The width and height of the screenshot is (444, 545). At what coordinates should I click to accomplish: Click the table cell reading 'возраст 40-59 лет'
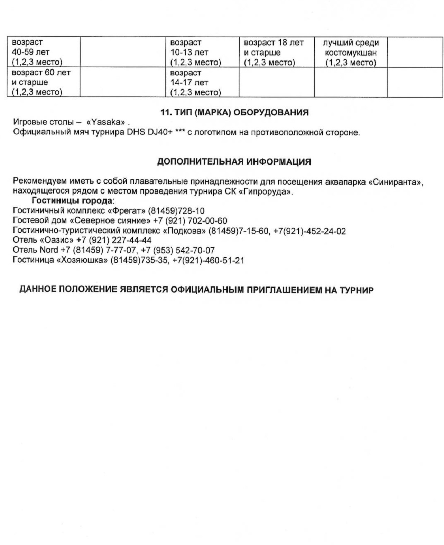coord(37,52)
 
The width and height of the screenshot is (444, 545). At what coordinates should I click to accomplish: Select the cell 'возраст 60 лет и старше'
coord(41,82)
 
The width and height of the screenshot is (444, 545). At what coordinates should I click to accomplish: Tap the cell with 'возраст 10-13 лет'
coord(195,53)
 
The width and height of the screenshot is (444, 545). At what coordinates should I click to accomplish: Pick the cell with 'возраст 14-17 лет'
coord(195,83)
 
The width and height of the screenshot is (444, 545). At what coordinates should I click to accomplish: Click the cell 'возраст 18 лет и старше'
coord(274,53)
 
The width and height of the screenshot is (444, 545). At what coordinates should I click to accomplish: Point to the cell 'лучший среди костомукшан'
coord(351,53)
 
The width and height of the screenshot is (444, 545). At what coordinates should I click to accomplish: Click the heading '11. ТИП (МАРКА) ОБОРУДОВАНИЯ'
coord(234,113)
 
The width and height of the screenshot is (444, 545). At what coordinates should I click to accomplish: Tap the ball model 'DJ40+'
coord(160,132)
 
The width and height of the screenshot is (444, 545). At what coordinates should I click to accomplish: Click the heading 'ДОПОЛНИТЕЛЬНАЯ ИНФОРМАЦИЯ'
coord(234,162)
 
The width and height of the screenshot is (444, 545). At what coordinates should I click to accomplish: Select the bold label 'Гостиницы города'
coord(72,201)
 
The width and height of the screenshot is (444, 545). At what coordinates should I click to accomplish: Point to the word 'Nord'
coord(49,250)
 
